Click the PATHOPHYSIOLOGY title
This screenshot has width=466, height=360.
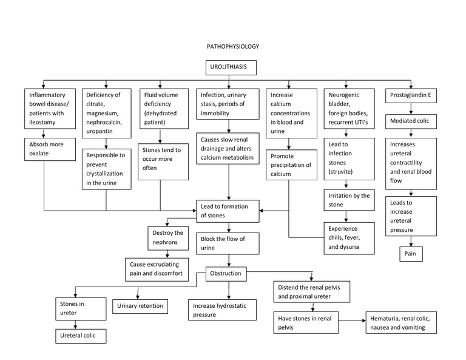pyautogui.click(x=233, y=46)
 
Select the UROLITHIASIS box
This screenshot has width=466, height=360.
pyautogui.click(x=233, y=67)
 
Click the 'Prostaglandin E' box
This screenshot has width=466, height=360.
pyautogui.click(x=411, y=95)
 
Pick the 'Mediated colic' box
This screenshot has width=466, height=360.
pyautogui.click(x=411, y=120)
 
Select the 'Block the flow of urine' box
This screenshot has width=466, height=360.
pyautogui.click(x=228, y=243)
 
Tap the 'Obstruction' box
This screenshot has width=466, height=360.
pyautogui.click(x=226, y=274)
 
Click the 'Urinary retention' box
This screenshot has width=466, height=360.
pyautogui.click(x=140, y=306)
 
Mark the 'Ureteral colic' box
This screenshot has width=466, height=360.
pyautogui.click(x=78, y=335)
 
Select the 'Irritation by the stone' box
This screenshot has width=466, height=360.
pyautogui.click(x=346, y=200)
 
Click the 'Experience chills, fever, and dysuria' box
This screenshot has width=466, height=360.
pyautogui.click(x=346, y=237)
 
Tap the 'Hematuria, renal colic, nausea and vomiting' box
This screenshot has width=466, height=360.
pyautogui.click(x=403, y=323)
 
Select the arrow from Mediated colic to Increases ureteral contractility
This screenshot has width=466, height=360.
pyautogui.click(x=411, y=134)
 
